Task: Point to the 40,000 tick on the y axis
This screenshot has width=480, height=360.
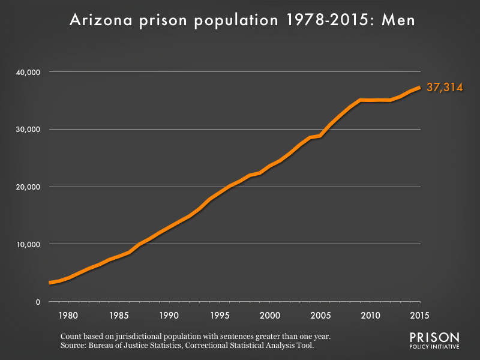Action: coord(26,72)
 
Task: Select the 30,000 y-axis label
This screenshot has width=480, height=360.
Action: coord(26,130)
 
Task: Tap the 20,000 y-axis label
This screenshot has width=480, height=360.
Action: coord(26,187)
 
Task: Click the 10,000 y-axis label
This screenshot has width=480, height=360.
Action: coord(26,245)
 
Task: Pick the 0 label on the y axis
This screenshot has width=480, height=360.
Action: coord(37,302)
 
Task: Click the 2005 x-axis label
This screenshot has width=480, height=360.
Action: coord(320,315)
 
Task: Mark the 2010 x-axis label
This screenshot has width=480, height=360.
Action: coord(370,315)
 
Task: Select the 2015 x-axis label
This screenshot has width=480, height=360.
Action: coord(419,315)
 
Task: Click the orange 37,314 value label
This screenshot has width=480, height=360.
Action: coord(444,88)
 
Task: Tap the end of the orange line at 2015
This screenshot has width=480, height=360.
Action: coord(419,88)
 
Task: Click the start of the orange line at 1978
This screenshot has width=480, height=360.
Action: coord(50,283)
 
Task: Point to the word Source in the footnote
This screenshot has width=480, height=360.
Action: coord(75,346)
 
